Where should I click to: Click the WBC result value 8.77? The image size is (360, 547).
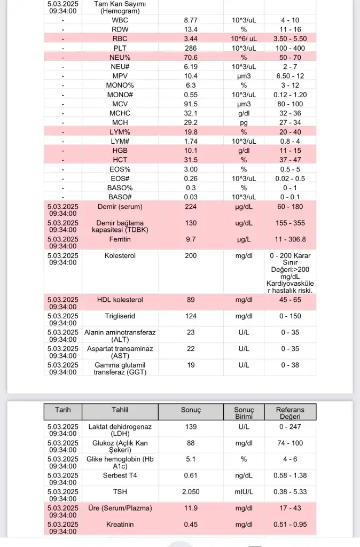tap(191, 20)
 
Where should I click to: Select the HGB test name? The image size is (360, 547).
tap(120, 150)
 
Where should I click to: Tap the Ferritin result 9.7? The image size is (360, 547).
tap(191, 239)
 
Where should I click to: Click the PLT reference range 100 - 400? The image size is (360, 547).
tap(290, 48)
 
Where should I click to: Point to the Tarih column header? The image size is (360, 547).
tap(62, 410)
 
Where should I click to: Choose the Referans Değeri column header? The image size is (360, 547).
tap(290, 413)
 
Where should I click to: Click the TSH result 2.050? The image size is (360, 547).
tap(191, 491)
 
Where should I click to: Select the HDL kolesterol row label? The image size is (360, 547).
tap(120, 300)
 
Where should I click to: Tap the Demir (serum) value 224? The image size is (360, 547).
tap(191, 207)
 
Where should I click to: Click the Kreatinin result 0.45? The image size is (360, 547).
tap(191, 524)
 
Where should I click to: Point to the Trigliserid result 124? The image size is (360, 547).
tap(191, 316)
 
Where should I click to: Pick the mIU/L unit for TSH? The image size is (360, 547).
tap(244, 491)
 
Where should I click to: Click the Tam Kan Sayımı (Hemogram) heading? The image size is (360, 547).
tap(120, 7)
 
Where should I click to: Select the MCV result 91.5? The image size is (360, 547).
tap(191, 104)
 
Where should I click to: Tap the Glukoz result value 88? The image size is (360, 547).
tap(191, 443)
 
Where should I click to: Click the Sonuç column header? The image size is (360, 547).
tap(191, 410)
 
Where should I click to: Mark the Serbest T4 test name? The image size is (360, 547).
tap(120, 475)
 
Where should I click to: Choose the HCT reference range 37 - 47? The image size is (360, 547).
tap(290, 159)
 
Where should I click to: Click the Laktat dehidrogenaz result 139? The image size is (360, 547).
tap(191, 427)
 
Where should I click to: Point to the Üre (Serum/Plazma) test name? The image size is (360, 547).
tap(120, 507)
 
